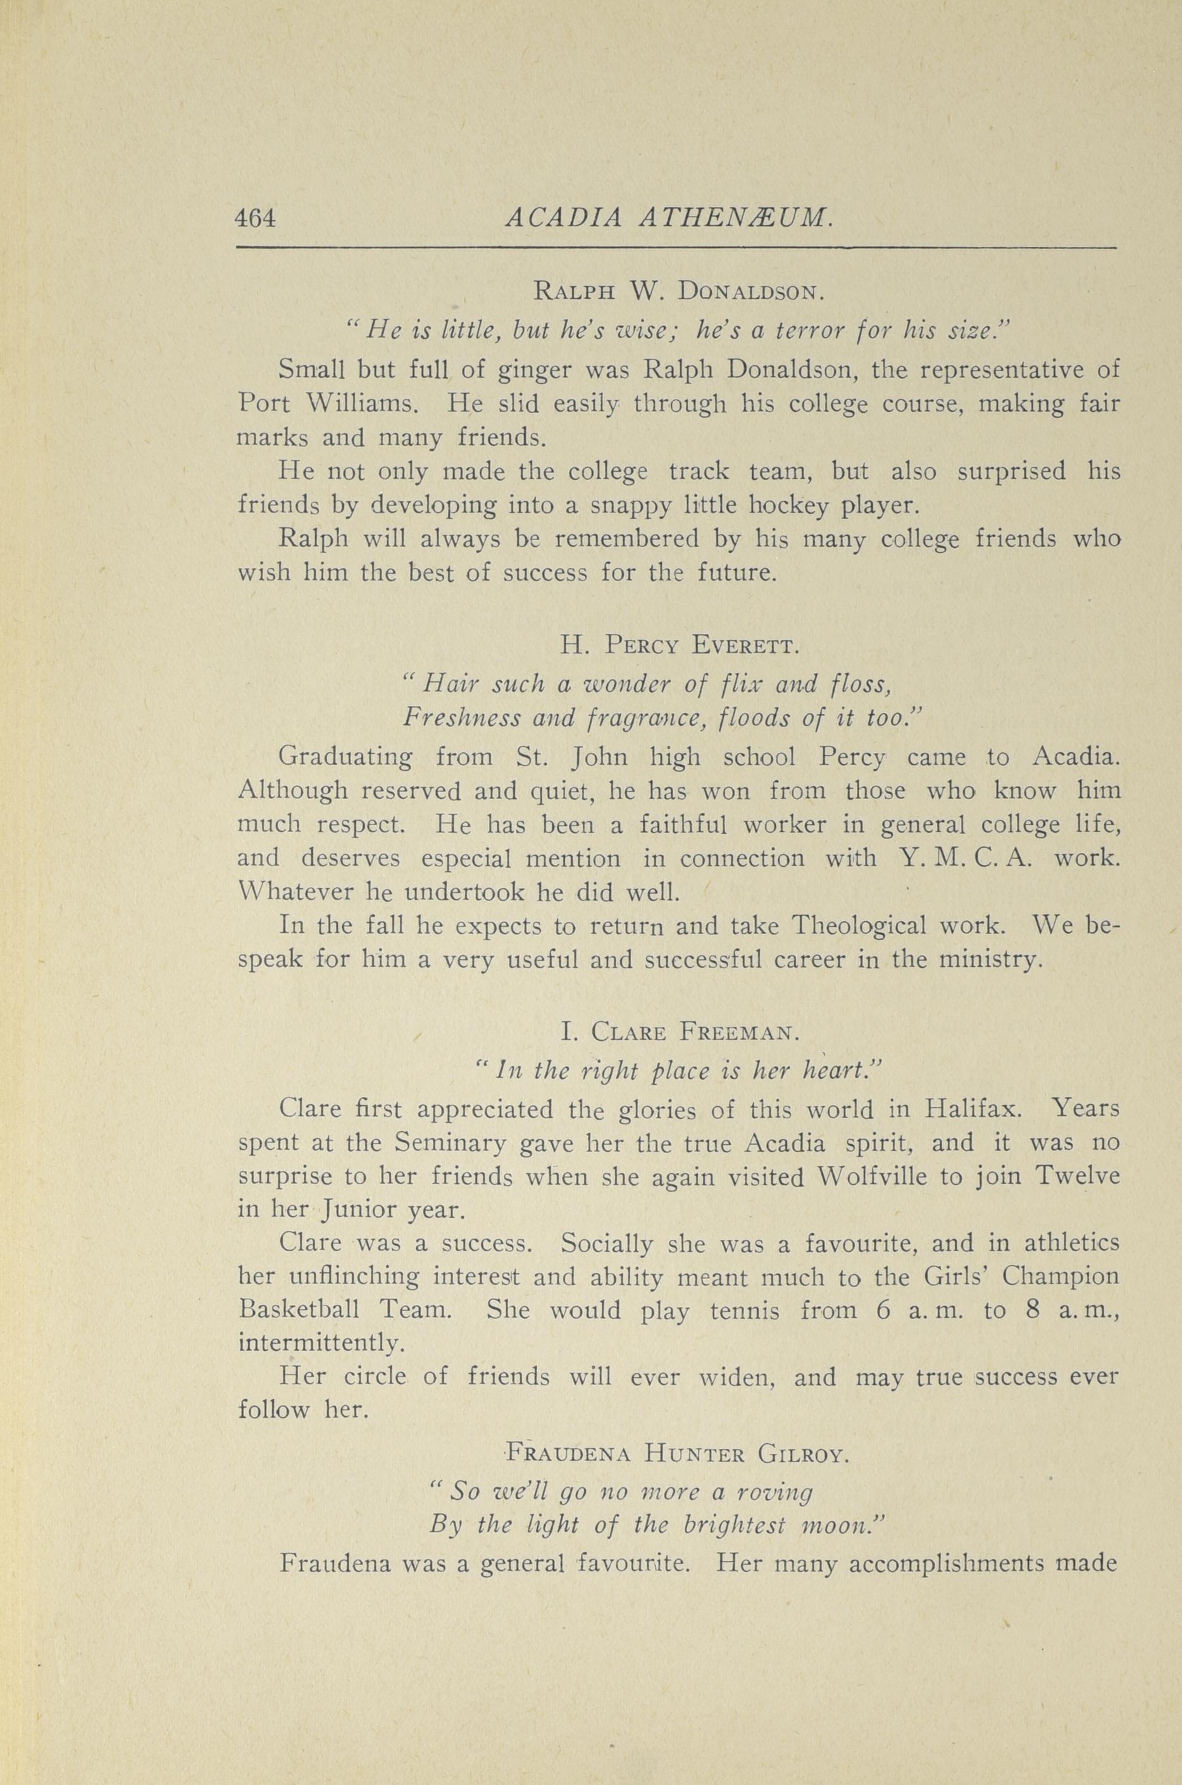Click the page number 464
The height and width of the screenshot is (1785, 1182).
[x=256, y=218]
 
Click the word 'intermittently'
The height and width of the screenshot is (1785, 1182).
[x=316, y=1344]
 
